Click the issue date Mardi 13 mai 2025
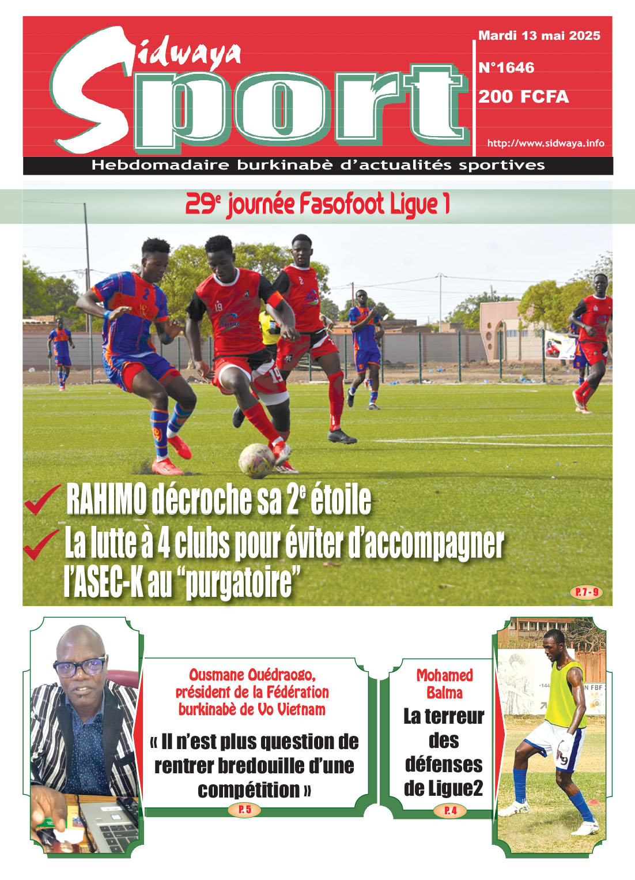pyautogui.click(x=539, y=36)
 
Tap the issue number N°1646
pyautogui.click(x=506, y=68)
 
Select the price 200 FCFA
pyautogui.click(x=523, y=97)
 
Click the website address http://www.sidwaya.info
pyautogui.click(x=545, y=143)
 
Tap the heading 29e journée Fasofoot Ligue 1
pyautogui.click(x=317, y=205)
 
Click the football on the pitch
pyautogui.click(x=256, y=460)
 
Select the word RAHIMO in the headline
pyautogui.click(x=106, y=500)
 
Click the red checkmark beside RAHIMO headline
pyautogui.click(x=41, y=499)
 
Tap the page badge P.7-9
pyautogui.click(x=585, y=592)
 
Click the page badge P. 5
pyautogui.click(x=245, y=810)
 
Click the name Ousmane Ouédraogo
pyautogui.click(x=252, y=675)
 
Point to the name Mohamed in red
pyautogui.click(x=444, y=675)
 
